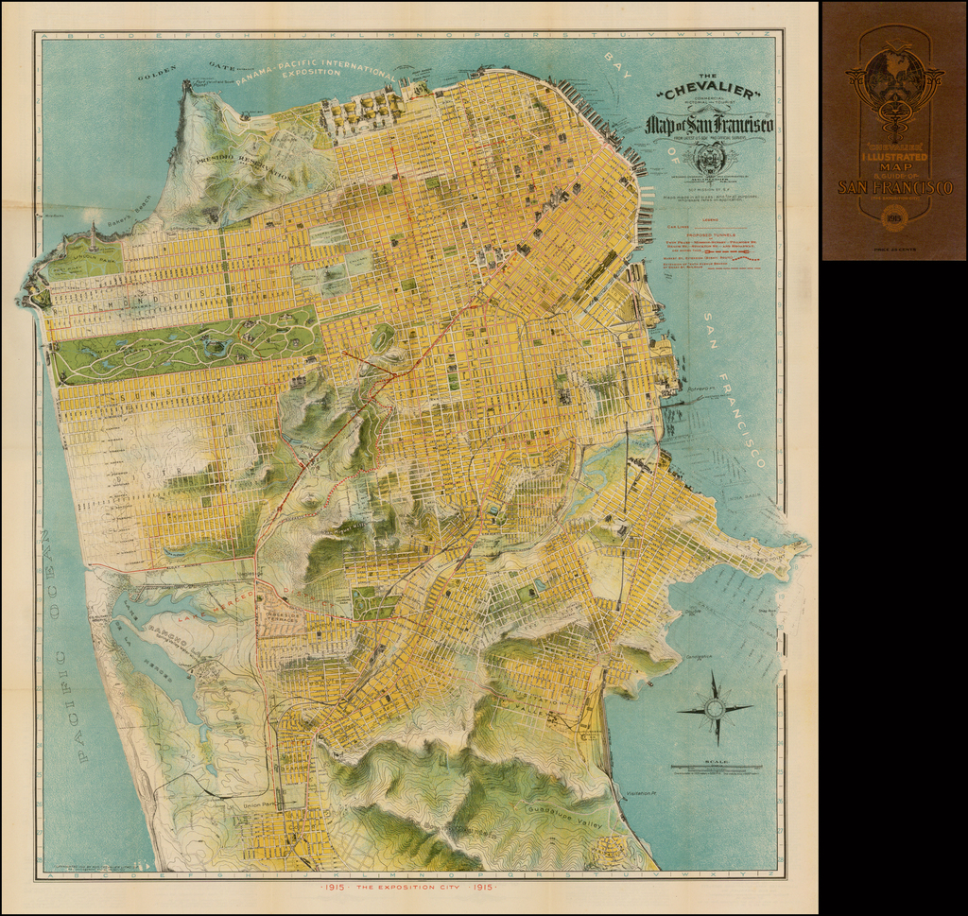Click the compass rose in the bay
[715, 708]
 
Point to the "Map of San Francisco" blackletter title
[709, 125]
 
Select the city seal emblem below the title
[708, 158]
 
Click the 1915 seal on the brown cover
[893, 220]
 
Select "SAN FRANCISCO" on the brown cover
[894, 188]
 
